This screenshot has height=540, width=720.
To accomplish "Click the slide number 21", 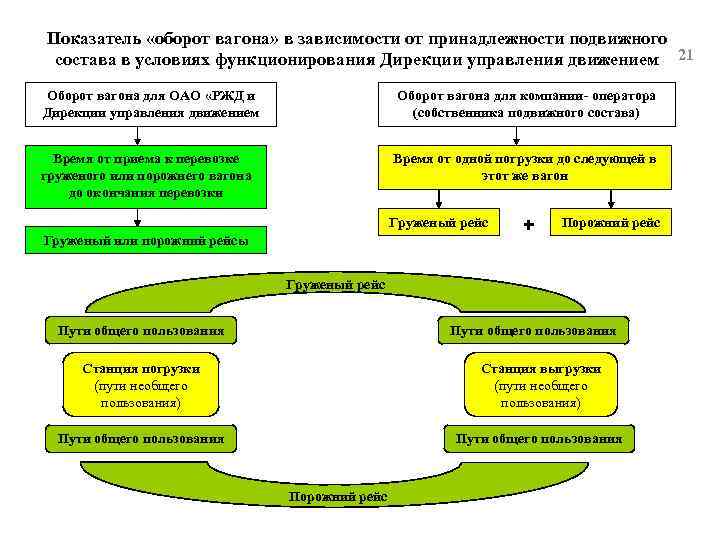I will (x=686, y=52).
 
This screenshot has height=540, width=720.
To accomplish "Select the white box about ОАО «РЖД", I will (x=150, y=104).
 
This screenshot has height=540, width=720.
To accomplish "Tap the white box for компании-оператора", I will (x=526, y=104).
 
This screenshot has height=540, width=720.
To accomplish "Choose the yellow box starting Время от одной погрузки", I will (x=525, y=167).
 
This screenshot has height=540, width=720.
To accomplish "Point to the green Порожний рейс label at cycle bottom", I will (x=331, y=496).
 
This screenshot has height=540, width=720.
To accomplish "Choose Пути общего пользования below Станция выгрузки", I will (x=539, y=438).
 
